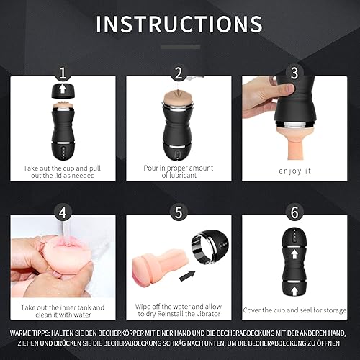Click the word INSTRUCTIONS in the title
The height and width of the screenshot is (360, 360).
[180, 23]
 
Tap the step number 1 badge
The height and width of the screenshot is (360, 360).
[64, 73]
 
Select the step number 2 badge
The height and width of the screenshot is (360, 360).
[179, 73]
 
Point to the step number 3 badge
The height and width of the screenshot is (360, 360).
[292, 73]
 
